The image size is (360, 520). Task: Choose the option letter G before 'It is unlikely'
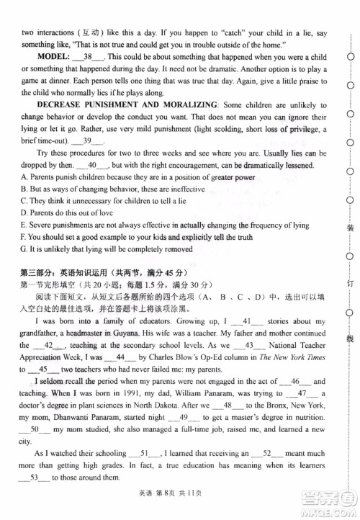coord(23,249)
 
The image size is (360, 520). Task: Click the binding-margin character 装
coord(351,228)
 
